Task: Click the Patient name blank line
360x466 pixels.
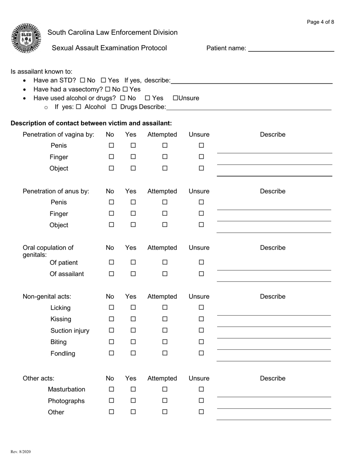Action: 291,49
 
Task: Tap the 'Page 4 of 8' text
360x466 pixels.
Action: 320,22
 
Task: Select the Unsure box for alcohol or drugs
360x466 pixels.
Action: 175,98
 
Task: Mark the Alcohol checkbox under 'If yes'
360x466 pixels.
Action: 79,107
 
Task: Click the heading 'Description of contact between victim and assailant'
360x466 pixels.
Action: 91,123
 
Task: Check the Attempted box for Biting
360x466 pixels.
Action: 165,342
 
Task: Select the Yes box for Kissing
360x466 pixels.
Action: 133,319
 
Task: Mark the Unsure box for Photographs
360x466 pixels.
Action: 201,400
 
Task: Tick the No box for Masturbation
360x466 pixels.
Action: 111,389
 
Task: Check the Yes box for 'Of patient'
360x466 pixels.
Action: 133,262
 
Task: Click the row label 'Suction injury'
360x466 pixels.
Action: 70,331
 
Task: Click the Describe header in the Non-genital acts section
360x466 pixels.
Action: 272,297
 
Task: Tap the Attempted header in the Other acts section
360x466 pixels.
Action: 162,378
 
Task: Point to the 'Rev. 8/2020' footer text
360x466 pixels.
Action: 21,452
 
